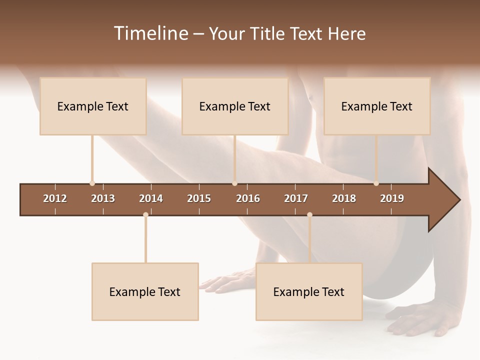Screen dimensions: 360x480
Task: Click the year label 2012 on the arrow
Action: [55, 198]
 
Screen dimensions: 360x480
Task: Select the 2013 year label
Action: [103, 198]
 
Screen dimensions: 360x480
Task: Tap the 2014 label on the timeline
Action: [151, 198]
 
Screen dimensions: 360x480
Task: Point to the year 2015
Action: [199, 198]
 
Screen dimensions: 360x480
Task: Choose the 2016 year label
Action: [248, 198]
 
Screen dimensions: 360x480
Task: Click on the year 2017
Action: [296, 198]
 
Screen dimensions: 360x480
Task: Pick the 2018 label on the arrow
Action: [344, 198]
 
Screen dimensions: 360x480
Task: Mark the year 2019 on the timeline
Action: [392, 198]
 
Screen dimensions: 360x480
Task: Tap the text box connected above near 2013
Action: [93, 106]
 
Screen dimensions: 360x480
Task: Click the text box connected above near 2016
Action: [235, 106]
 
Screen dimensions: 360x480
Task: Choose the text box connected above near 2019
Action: [377, 106]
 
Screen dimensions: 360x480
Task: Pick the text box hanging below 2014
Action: [145, 291]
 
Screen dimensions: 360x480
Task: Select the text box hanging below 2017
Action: [309, 291]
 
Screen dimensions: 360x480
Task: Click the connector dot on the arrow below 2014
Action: [145, 215]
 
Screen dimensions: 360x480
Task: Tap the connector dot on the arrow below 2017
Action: [309, 215]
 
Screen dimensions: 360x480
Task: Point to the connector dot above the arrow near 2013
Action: [92, 183]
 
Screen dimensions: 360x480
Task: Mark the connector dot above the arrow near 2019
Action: [376, 183]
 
